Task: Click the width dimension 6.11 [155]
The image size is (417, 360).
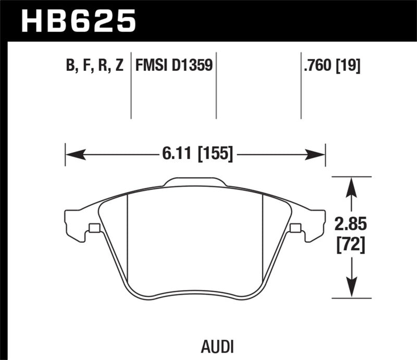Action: coord(195,154)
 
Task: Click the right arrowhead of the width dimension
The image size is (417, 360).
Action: coord(316,154)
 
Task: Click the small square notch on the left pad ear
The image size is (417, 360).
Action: coord(94,228)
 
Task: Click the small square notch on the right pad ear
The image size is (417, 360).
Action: coord(295,228)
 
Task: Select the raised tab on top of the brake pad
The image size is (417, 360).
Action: coord(195,182)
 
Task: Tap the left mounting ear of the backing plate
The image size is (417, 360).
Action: coord(76,221)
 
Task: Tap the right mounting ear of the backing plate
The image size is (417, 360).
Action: coord(314,221)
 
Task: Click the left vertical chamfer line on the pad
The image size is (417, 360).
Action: coord(128,234)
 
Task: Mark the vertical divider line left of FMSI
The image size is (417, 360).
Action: coord(131,86)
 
